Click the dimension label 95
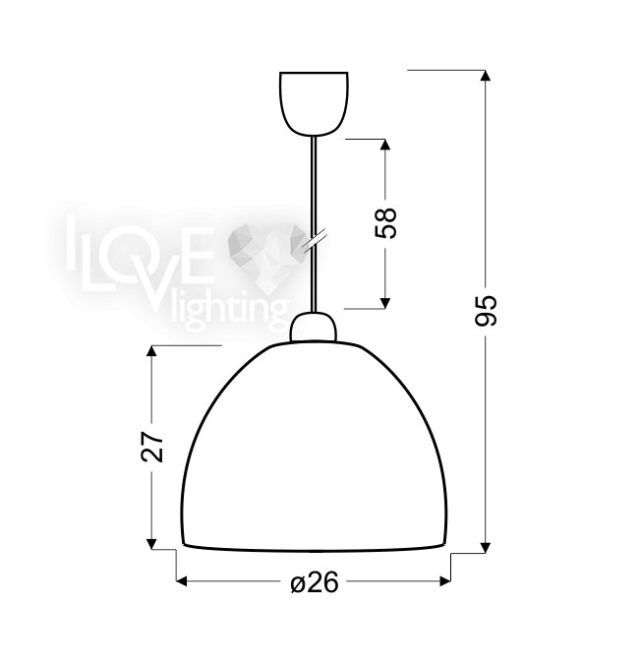(x=486, y=311)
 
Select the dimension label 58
(x=385, y=223)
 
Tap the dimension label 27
(x=152, y=447)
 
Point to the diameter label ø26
(x=315, y=582)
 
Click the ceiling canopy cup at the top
(x=314, y=103)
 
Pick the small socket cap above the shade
(x=313, y=327)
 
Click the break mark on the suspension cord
(x=314, y=242)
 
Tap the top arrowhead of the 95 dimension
(x=486, y=76)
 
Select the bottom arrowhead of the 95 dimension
(x=486, y=548)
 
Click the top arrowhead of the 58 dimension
(x=385, y=145)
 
